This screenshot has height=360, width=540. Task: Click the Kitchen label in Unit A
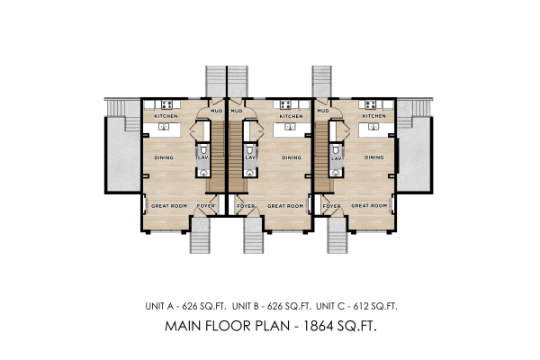click(166, 116)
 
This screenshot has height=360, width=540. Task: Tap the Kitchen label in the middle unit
click(290, 116)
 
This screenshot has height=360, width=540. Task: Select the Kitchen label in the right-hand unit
click(374, 116)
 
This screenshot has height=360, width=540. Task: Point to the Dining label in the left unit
click(163, 157)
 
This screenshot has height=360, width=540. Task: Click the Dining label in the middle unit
click(292, 157)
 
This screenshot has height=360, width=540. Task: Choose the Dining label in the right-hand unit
click(374, 157)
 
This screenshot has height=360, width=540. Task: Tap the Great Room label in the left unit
click(168, 206)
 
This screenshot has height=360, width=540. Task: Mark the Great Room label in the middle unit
click(285, 206)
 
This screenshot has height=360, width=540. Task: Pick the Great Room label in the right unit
click(368, 206)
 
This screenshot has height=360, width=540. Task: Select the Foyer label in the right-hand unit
click(331, 206)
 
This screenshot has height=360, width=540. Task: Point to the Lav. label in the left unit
click(202, 157)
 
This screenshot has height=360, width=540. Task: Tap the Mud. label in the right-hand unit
click(322, 112)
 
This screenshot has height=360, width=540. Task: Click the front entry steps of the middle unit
click(254, 237)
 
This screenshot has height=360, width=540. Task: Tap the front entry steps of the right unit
click(337, 237)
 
